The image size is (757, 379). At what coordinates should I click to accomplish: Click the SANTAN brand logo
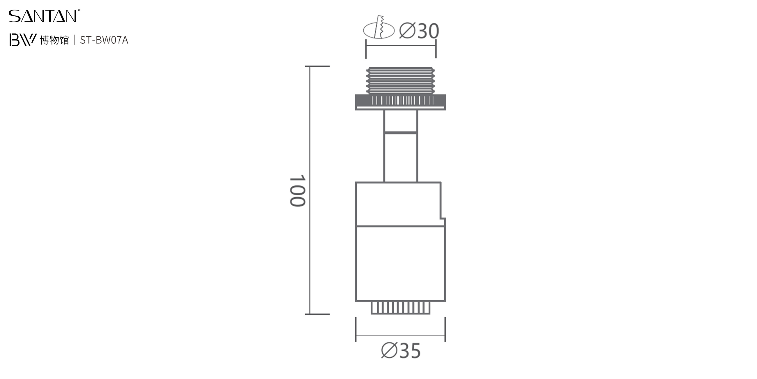point(44,16)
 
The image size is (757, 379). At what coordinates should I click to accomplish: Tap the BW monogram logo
point(23,40)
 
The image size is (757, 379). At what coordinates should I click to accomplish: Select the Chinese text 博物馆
point(54,40)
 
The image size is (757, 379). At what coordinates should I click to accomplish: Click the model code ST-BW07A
point(104,40)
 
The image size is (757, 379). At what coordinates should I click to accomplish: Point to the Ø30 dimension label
point(419,31)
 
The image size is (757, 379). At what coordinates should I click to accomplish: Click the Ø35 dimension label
point(401,350)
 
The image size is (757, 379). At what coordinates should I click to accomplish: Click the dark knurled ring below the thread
point(401,102)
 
